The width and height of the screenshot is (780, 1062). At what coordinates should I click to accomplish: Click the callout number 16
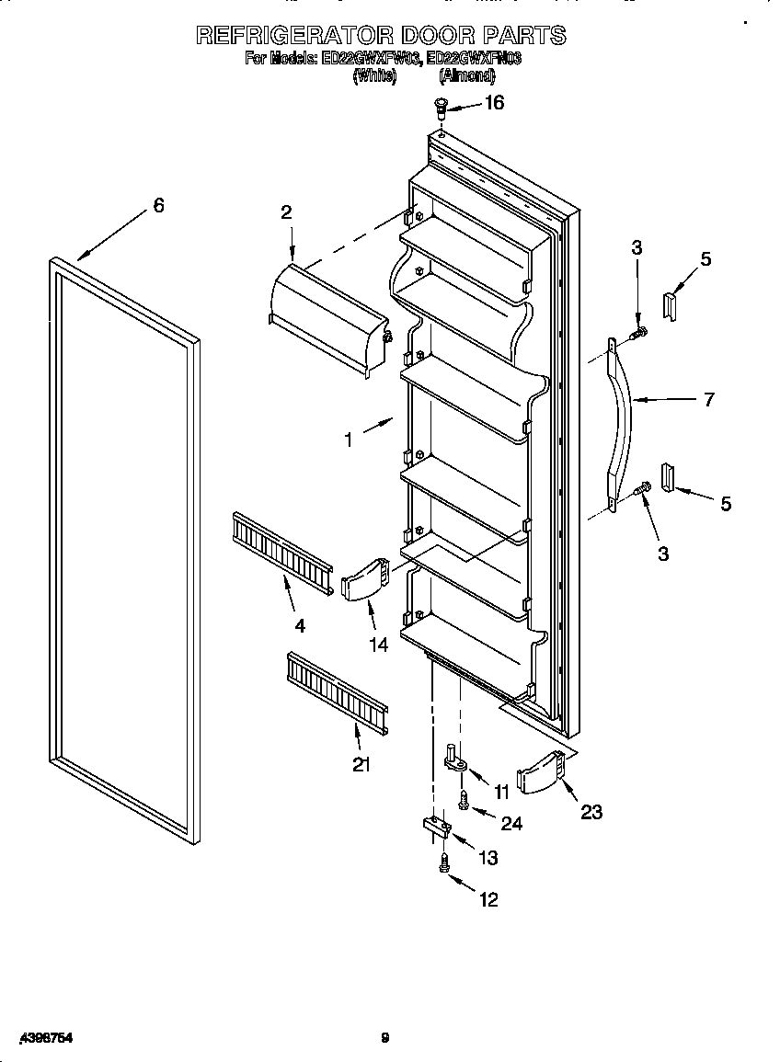[494, 103]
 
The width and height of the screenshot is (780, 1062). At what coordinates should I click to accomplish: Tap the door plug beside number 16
[441, 108]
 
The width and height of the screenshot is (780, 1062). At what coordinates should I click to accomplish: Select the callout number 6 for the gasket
[158, 206]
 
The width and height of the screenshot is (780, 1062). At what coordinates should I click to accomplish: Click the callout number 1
[348, 440]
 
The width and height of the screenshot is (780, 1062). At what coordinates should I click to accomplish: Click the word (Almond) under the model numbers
[466, 77]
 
